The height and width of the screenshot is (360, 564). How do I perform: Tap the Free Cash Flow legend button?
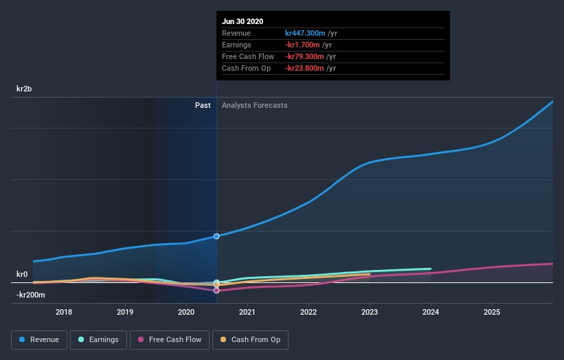point(170,339)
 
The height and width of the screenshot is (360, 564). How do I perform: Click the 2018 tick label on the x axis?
point(64,312)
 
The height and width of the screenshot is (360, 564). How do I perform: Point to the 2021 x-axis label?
point(247,312)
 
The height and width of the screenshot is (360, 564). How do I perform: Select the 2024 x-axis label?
point(431,312)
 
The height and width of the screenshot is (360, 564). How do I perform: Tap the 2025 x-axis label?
point(492,312)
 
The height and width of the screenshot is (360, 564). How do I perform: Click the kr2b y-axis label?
point(25,89)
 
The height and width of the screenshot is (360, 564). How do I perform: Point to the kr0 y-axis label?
point(22,274)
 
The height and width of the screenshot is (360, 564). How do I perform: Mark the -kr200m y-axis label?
point(30,295)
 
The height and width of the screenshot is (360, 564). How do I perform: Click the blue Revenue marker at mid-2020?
point(216,236)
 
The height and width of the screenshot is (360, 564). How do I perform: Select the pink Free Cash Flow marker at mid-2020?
point(216,291)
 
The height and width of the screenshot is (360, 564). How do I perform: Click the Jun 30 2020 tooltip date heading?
point(242,21)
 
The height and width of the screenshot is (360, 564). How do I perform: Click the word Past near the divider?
point(203,105)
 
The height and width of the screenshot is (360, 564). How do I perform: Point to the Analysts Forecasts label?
point(254,105)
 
